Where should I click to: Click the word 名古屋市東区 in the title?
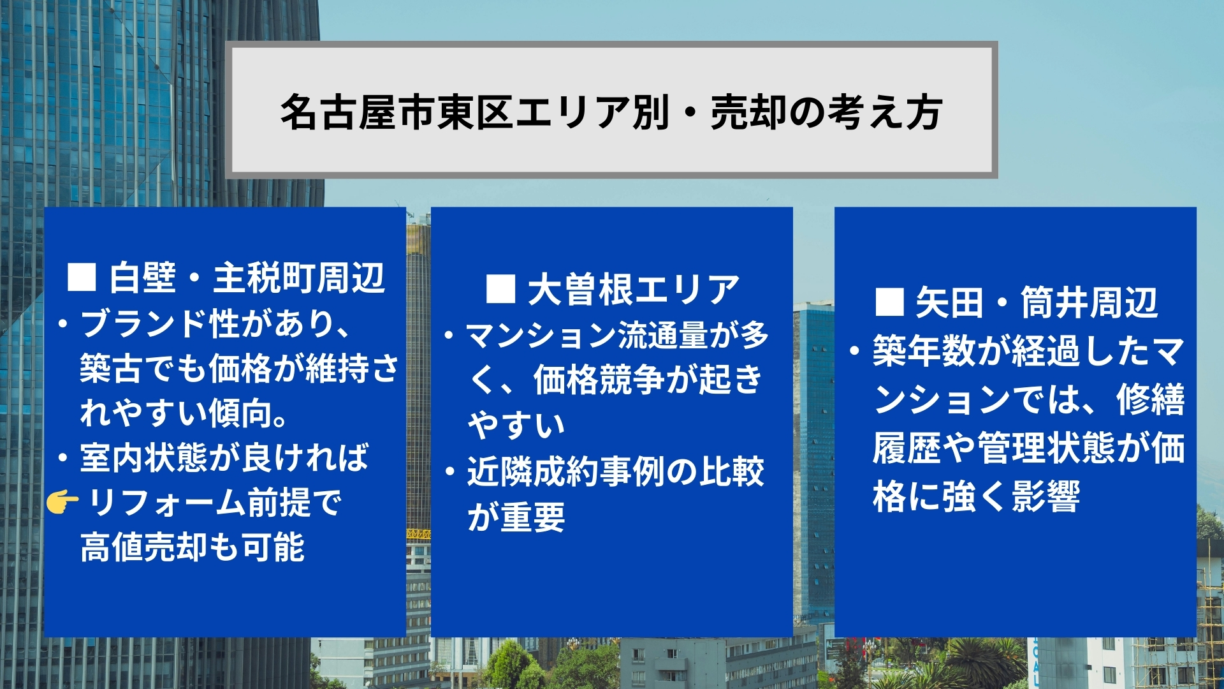pos(397,112)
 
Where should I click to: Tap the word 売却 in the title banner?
pos(748,112)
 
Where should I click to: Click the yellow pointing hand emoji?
pos(62,503)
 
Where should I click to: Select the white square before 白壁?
pos(82,278)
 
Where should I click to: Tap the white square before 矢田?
pos(889,302)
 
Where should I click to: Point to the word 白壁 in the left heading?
pos(142,278)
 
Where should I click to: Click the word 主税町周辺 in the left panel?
pos(299,278)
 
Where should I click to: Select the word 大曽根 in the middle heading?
pos(579,289)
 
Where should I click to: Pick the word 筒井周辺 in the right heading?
pos(1089,302)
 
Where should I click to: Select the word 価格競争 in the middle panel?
pos(599,380)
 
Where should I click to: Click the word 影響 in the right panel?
pos(1046,496)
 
